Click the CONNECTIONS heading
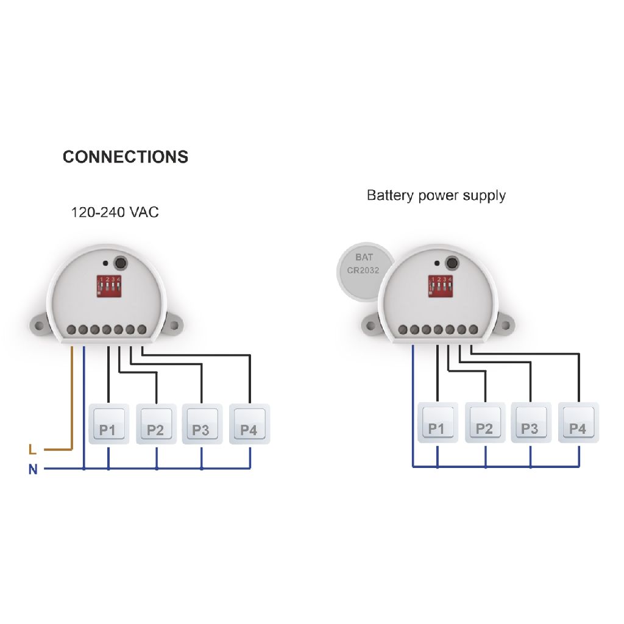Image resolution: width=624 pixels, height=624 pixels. [x=126, y=157]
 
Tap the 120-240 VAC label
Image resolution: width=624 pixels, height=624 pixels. [x=115, y=213]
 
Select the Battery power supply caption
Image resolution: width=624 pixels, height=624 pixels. [x=436, y=196]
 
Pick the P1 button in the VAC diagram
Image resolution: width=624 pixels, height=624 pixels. [x=108, y=424]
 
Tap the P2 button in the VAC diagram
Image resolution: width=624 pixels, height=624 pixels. [x=156, y=424]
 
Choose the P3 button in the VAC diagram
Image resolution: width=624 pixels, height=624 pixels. [x=202, y=424]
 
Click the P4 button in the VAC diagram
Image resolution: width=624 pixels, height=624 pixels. [x=249, y=424]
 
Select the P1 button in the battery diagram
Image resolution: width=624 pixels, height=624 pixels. [x=437, y=422]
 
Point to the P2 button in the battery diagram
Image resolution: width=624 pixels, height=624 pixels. [x=485, y=422]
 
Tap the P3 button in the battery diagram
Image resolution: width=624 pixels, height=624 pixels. [x=531, y=422]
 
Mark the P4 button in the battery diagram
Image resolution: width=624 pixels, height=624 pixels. [x=578, y=422]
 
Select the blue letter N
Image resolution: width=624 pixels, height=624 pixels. [x=33, y=470]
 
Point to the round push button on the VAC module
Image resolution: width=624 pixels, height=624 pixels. [x=121, y=263]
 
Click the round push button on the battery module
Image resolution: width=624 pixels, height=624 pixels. [x=452, y=263]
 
